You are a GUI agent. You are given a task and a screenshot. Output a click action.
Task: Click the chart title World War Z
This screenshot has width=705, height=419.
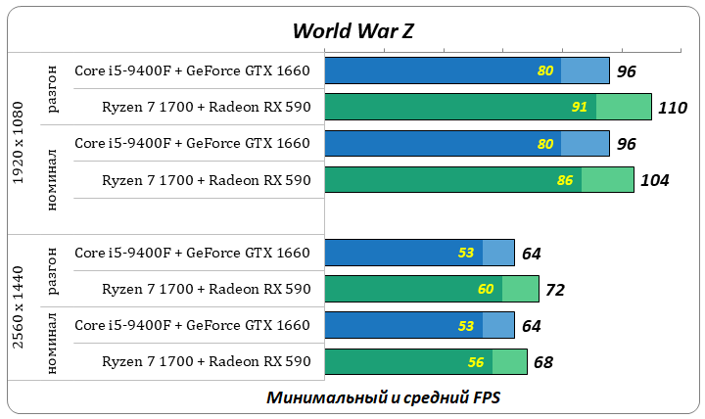click(352, 30)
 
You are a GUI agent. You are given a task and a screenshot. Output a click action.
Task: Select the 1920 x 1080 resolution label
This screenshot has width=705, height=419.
click(19, 144)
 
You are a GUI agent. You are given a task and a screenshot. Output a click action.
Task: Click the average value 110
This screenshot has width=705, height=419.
click(673, 108)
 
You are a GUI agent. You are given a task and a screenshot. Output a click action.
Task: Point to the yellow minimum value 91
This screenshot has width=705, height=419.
click(580, 107)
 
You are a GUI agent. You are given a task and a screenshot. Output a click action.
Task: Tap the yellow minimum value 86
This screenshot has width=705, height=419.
click(565, 180)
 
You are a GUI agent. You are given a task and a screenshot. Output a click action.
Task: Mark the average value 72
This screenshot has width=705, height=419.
click(555, 290)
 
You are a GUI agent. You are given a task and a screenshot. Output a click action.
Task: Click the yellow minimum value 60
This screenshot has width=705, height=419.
click(486, 290)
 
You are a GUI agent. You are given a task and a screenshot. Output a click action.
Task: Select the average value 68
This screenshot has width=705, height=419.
click(543, 362)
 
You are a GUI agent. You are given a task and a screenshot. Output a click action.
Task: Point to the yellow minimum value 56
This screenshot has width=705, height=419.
click(476, 362)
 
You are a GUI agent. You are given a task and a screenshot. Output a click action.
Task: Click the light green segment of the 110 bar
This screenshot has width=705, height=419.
click(624, 107)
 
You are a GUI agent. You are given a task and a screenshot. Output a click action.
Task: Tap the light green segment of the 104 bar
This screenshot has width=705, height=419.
click(607, 179)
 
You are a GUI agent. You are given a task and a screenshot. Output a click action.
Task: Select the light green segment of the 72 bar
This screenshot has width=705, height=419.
click(520, 289)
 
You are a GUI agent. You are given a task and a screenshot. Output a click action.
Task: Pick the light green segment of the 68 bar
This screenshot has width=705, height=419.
click(509, 361)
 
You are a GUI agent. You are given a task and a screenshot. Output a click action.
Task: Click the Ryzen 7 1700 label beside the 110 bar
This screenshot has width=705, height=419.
click(206, 107)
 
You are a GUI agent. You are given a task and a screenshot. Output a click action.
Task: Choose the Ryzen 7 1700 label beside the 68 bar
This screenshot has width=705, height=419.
click(206, 361)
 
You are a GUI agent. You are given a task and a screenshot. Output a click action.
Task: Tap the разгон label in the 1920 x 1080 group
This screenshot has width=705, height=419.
click(53, 89)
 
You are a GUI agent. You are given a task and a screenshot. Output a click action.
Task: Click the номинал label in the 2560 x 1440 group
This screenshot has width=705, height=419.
click(53, 343)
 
